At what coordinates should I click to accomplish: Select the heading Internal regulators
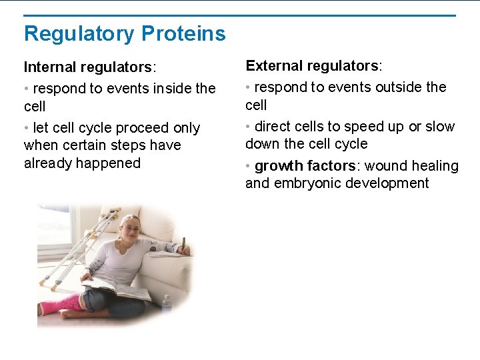click(x=89, y=67)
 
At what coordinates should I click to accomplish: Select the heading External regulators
click(x=312, y=66)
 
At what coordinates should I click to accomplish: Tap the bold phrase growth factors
click(x=304, y=166)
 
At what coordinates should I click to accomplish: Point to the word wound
click(x=388, y=166)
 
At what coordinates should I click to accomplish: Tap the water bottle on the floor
click(x=166, y=305)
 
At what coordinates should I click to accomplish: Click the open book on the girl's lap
click(x=116, y=291)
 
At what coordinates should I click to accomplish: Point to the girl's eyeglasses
click(x=131, y=229)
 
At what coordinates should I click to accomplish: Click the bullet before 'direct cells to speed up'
click(x=248, y=127)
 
